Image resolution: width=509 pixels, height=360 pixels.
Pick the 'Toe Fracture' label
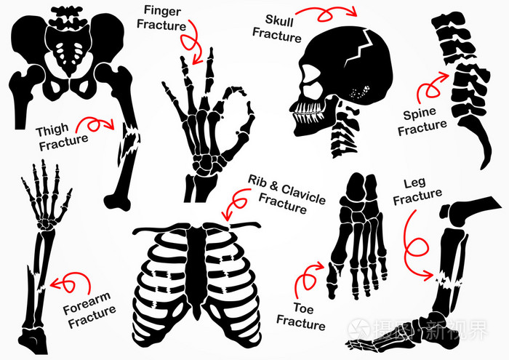pos(300,313)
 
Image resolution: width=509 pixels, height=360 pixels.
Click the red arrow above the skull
pos(332,12)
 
